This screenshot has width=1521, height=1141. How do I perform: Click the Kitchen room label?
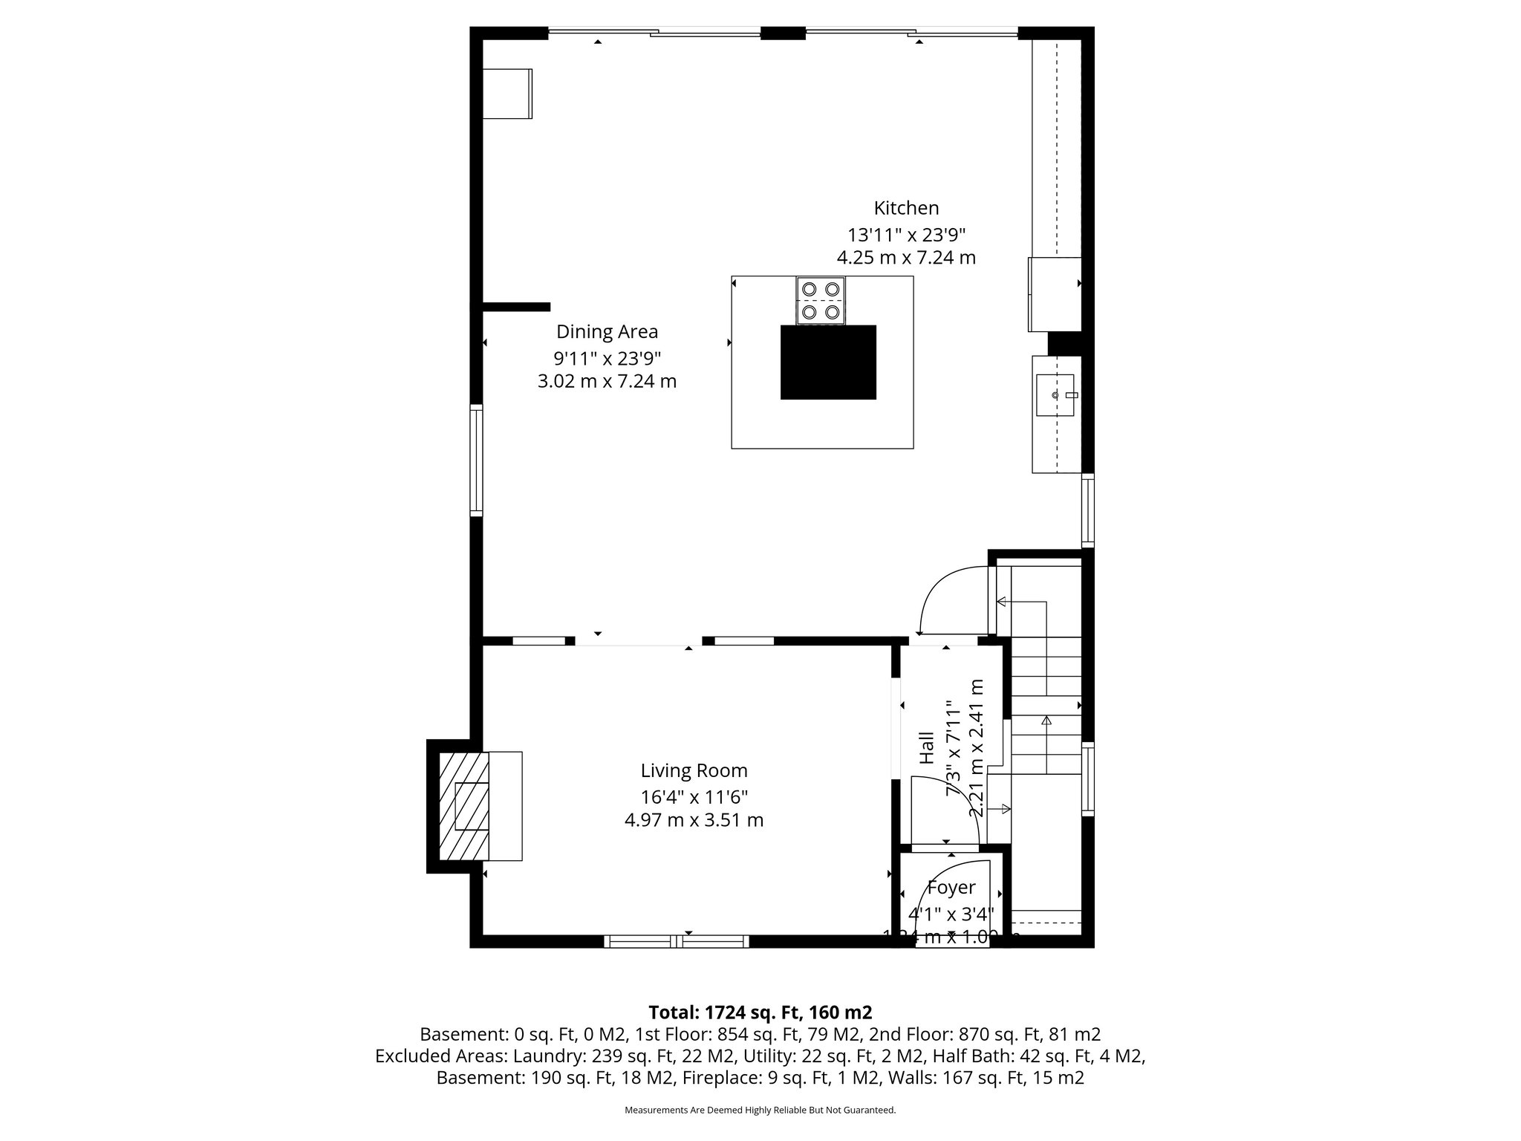click(905, 208)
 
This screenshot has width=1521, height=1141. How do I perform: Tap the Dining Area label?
click(607, 331)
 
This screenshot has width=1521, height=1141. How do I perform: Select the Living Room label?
click(694, 771)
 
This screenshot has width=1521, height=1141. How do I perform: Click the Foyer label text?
click(951, 888)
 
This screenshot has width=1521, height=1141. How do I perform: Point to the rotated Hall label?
click(927, 748)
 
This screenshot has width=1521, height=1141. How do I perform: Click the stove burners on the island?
click(821, 300)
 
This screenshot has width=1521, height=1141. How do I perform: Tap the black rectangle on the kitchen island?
click(828, 363)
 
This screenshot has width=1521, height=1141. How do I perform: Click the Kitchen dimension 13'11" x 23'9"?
click(906, 235)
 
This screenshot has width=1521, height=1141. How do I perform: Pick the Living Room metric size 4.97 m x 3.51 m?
click(694, 821)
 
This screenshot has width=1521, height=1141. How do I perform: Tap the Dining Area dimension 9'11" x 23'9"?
click(607, 359)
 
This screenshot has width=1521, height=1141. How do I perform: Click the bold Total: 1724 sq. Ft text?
click(760, 1012)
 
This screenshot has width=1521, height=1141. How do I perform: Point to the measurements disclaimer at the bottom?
click(760, 1110)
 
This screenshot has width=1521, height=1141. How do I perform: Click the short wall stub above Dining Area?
click(516, 307)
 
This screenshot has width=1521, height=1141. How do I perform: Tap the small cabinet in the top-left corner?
click(507, 94)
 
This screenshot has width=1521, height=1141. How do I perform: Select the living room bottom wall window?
click(676, 942)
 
